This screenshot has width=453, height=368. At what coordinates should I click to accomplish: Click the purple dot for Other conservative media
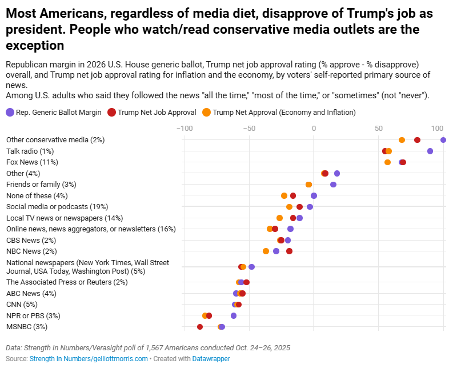[x=443, y=140]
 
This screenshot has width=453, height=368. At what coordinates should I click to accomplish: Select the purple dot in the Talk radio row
[x=430, y=151]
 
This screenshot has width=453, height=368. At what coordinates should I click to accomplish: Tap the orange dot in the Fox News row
[x=388, y=162]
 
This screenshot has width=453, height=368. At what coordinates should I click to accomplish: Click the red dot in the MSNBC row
[x=200, y=327]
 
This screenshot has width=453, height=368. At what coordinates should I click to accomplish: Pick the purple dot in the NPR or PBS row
[x=234, y=315]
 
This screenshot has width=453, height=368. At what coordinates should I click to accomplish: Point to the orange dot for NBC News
[x=266, y=251]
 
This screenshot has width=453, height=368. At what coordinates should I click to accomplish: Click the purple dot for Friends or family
[x=333, y=184]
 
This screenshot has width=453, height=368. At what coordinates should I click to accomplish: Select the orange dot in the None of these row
[x=284, y=195]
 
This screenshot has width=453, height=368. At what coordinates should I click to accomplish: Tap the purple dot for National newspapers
[x=251, y=267]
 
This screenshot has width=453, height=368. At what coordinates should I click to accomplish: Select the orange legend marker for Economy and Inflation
[x=206, y=113]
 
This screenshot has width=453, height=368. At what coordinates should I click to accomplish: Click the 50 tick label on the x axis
[x=379, y=128]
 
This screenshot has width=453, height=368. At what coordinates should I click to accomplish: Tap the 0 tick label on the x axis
[x=314, y=128]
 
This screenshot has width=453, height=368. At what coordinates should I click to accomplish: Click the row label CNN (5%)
[x=22, y=305]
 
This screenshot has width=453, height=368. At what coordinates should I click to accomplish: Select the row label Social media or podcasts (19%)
[x=57, y=207]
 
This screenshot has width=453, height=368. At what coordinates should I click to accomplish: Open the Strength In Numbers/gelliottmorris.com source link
[x=89, y=359]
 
